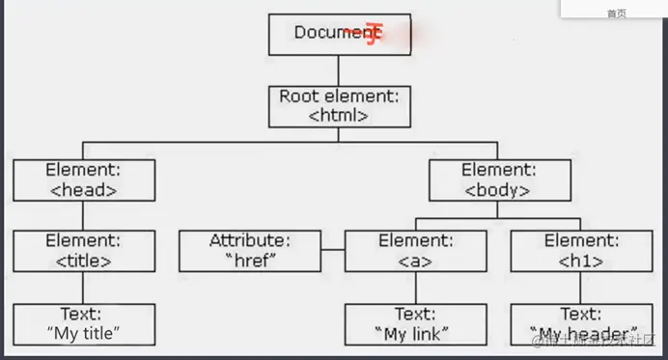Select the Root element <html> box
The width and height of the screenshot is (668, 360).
click(339, 106)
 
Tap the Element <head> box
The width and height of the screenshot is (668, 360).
click(84, 180)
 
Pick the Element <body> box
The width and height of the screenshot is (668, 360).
click(499, 180)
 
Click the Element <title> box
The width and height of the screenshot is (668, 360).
click(84, 250)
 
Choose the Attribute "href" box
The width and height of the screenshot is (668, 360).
click(249, 250)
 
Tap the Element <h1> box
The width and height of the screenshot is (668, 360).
click(581, 250)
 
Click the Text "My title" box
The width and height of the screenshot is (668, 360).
click(84, 323)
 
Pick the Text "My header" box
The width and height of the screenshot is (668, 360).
click(581, 323)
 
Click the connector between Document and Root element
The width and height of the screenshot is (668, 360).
click(339, 70)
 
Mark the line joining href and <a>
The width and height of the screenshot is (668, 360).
click(332, 250)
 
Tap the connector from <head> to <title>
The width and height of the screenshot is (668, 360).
click(84, 214)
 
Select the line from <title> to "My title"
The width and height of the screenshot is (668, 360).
click(84, 287)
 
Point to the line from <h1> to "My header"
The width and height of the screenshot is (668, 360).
click(581, 287)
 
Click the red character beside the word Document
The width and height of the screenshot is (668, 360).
click(372, 35)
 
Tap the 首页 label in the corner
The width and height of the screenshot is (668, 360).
click(616, 14)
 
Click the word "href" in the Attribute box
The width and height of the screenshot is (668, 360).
click(250, 260)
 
